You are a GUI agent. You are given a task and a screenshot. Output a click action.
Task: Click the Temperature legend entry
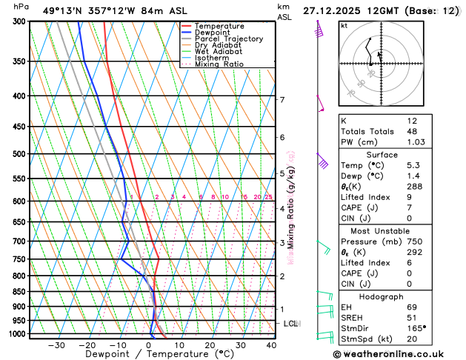point(220,26)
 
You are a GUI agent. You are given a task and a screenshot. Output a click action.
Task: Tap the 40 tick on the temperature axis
point(271,345)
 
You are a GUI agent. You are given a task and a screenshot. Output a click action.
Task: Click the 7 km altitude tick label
point(282,100)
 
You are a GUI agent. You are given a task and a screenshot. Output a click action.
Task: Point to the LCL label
point(291,324)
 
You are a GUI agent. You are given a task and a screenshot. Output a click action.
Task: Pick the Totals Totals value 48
point(413,131)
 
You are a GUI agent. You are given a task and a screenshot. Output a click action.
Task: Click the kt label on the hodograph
point(344,26)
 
